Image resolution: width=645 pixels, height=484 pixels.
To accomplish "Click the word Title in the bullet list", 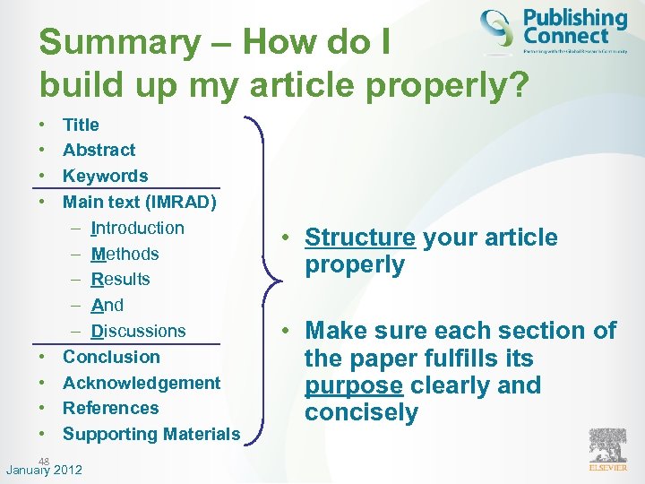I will coord(81,125).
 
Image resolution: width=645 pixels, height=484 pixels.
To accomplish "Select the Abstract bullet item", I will coord(99,150).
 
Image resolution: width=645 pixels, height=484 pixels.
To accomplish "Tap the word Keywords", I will coord(105,176).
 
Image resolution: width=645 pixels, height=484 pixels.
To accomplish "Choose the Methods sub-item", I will coord(125,254).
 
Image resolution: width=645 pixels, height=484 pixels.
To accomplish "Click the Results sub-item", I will coord(120,279).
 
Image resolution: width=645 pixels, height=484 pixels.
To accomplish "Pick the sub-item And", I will coord(107,305).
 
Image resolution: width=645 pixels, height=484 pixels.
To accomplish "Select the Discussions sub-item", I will coord(138,331).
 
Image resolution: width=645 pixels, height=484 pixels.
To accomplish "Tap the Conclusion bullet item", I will coord(111,357).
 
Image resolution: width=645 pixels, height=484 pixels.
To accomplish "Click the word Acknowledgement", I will coord(142,383).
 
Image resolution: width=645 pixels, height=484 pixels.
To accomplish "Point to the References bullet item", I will coord(110,408).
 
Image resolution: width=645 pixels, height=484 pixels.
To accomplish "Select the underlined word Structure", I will coord(360,238).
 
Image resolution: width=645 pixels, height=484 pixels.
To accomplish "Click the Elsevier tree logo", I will coord(608,445).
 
